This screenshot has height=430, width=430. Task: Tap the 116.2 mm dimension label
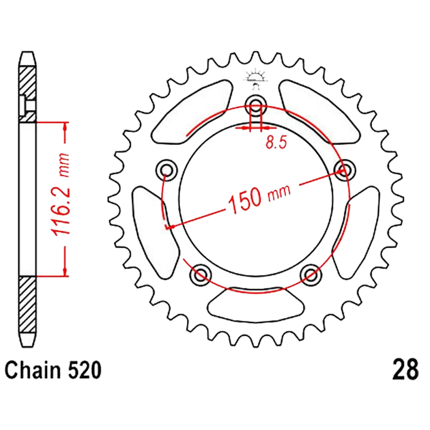61,195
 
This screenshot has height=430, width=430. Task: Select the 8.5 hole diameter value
276,143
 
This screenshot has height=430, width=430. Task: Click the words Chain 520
53,371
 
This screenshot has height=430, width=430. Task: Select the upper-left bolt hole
166,170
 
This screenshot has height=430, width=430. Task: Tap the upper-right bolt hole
345,170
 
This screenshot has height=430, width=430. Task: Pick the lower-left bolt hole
201,275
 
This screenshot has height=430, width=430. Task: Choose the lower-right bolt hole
311,275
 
